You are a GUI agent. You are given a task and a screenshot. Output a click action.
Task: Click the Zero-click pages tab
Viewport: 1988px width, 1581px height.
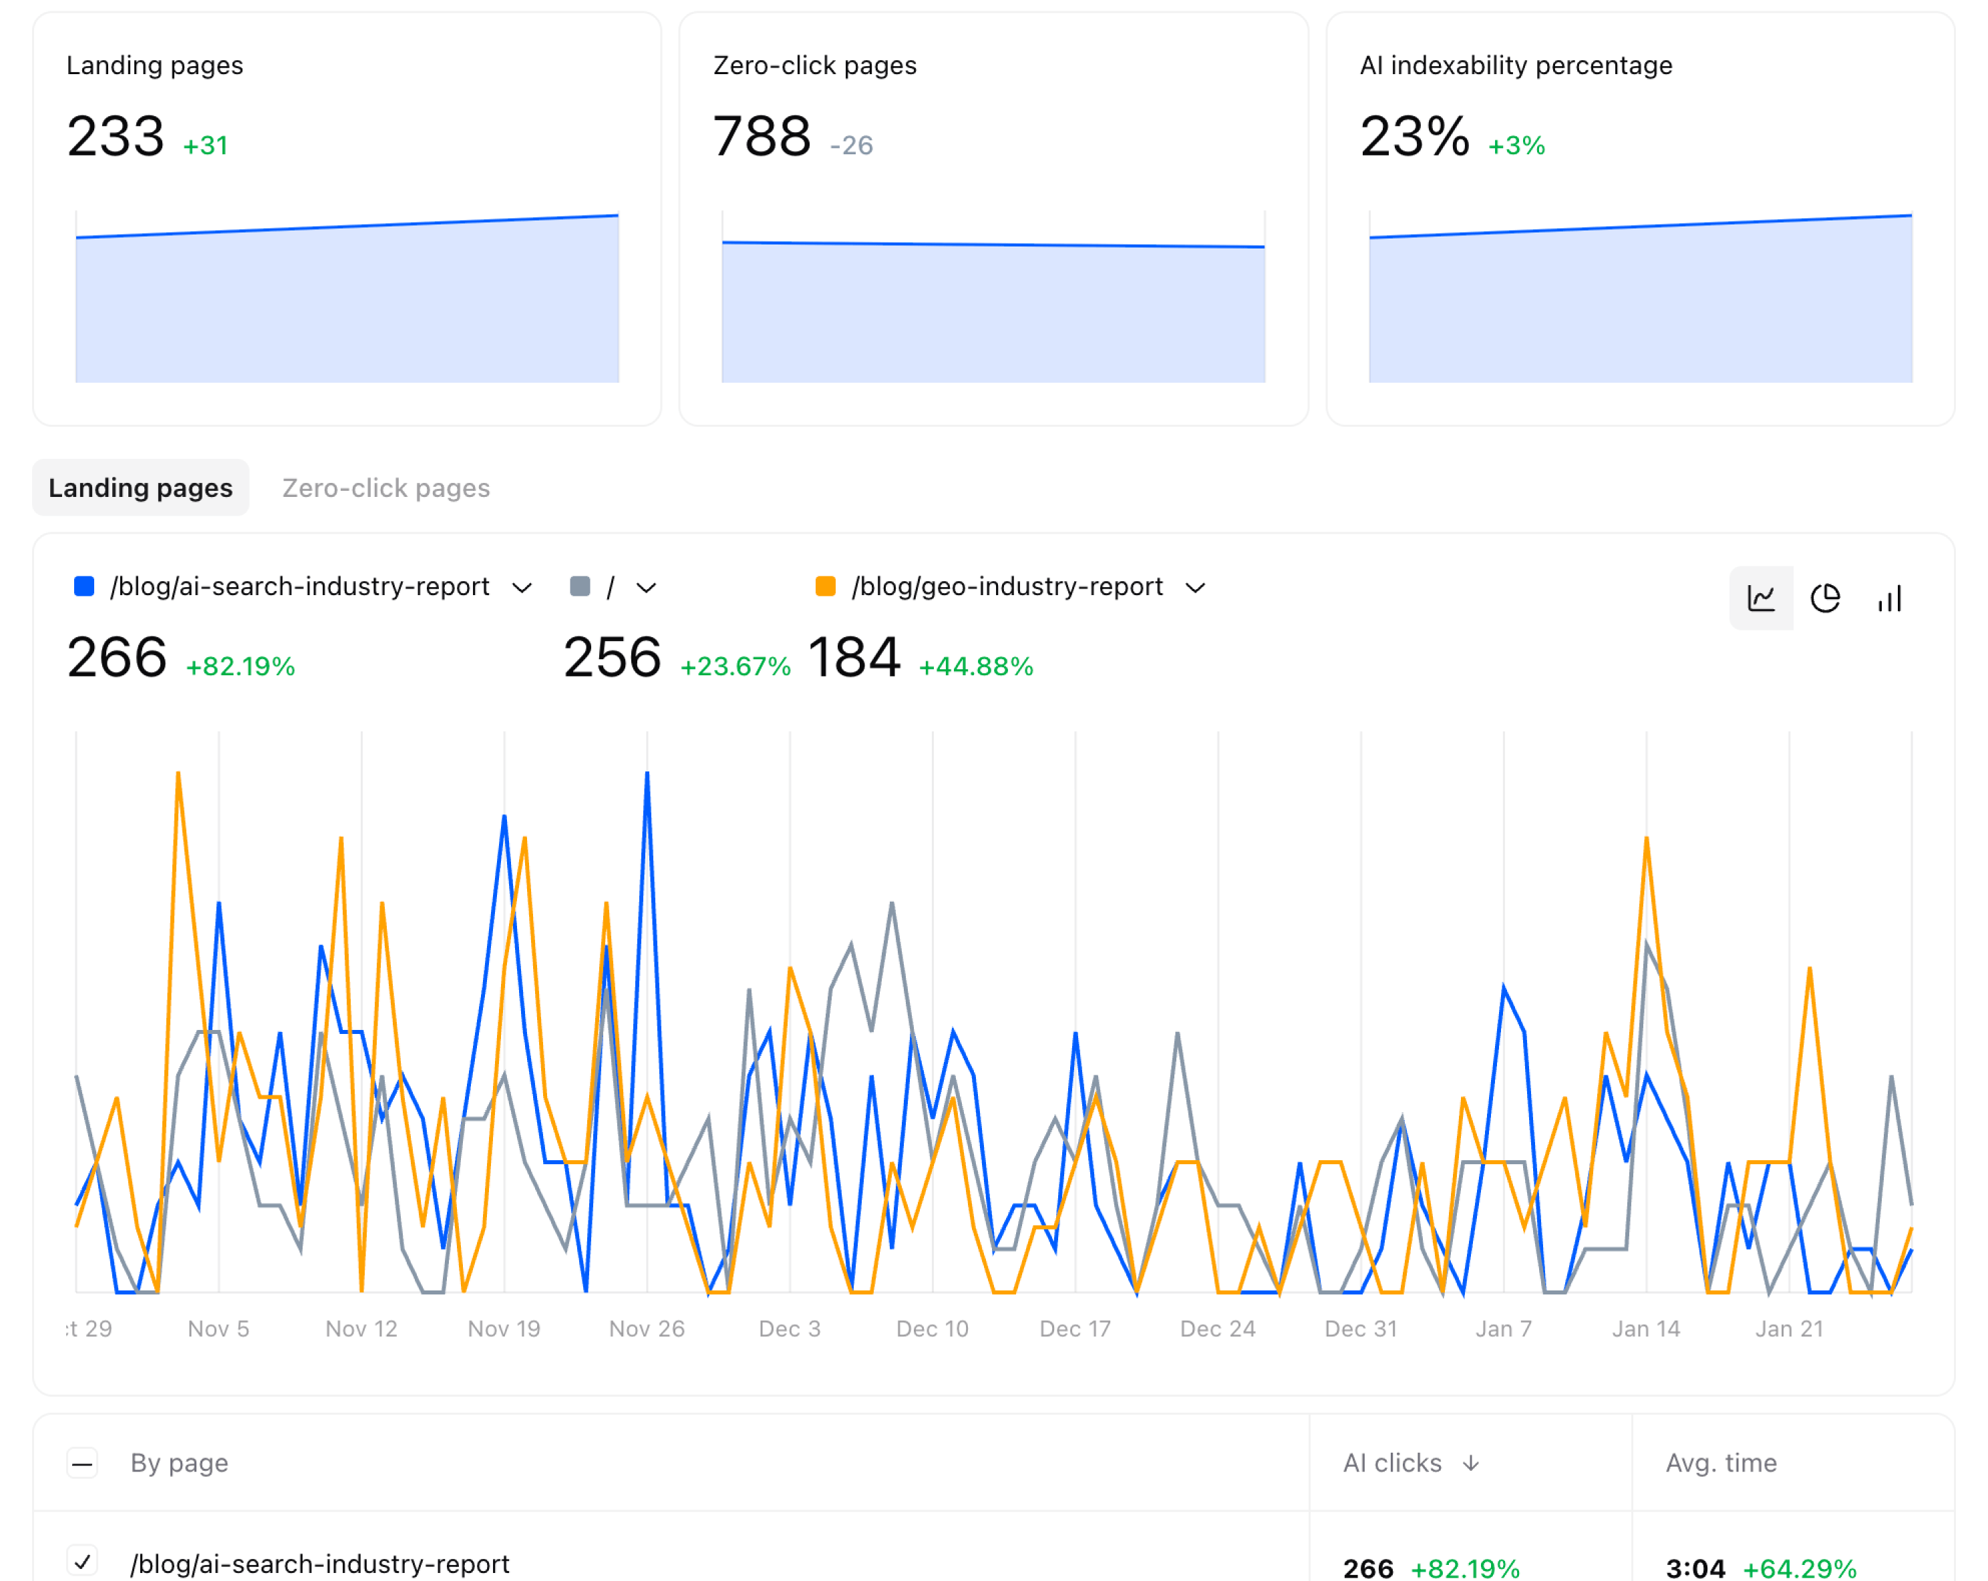[385, 488]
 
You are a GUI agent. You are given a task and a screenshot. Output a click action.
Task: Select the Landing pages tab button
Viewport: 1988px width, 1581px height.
[140, 488]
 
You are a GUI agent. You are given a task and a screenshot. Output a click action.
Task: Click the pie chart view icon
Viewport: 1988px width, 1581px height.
[1825, 599]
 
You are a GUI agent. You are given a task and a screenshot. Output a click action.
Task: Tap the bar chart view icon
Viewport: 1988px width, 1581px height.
[1889, 599]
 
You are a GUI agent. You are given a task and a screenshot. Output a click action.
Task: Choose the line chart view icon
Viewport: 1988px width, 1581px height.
[1761, 599]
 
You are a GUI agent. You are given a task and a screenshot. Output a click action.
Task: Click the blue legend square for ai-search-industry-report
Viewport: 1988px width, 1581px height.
[84, 586]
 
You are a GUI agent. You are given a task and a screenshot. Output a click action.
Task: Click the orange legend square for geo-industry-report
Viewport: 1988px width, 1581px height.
[825, 586]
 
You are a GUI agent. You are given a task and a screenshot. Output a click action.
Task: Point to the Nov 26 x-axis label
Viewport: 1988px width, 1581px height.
[647, 1329]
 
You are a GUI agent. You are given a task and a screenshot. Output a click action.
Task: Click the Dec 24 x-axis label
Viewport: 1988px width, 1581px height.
[1217, 1329]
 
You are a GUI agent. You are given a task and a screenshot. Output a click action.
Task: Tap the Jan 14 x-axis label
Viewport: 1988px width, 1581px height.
[1646, 1329]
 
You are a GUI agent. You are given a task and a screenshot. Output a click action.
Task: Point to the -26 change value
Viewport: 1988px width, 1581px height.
[850, 146]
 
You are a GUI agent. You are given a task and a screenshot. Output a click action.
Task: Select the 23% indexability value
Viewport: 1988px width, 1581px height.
[1414, 136]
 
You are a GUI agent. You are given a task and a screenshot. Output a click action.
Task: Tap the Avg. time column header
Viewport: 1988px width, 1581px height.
[1721, 1463]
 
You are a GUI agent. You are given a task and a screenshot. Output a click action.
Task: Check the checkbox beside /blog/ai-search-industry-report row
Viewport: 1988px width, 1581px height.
[82, 1561]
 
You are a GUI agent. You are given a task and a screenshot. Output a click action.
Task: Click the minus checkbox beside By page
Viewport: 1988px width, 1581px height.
[82, 1463]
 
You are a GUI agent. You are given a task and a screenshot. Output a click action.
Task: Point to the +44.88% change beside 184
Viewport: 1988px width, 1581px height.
[975, 667]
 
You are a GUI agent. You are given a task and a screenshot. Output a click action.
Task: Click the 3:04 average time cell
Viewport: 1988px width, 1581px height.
[1695, 1567]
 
